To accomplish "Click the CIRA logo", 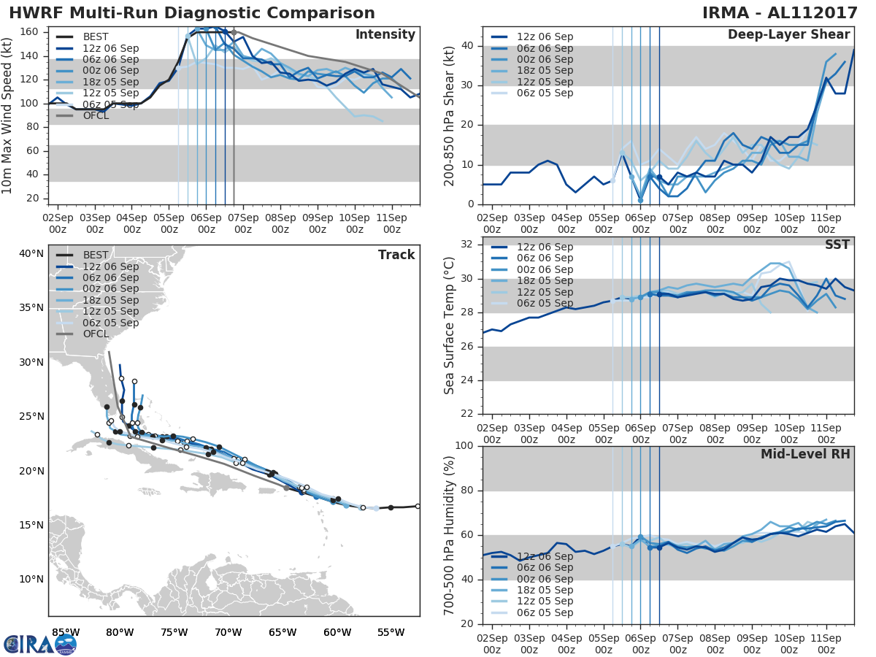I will coord(40,644).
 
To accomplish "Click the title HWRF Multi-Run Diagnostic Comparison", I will coord(192,13).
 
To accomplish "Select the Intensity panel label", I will coord(385,35).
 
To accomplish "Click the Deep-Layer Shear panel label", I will coord(788,35).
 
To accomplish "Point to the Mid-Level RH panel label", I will coord(805,454).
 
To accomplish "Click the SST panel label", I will coord(837,245).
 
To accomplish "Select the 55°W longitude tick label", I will coord(391,631).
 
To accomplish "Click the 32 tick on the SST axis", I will coord(466,245).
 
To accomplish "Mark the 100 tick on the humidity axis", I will coord(464,446).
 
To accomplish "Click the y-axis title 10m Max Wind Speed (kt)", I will coord(8,115).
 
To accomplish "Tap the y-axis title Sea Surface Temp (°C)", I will coord(450,326).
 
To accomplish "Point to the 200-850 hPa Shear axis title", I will coord(450,115).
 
